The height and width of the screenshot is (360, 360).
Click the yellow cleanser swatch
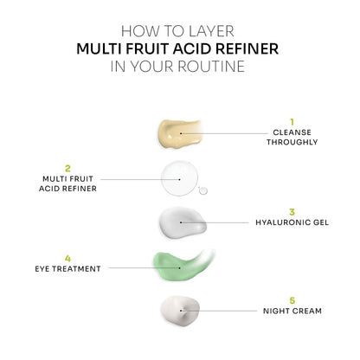pos(179,133)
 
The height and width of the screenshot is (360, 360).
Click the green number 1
pos(292,122)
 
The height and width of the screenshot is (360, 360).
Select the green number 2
pos(68,167)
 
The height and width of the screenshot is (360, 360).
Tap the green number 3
pos(292,210)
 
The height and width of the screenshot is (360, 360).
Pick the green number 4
pos(68,257)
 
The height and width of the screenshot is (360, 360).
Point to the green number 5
pos(292,299)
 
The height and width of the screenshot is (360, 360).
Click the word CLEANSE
pos(292,133)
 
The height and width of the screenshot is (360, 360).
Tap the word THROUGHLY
pos(292,144)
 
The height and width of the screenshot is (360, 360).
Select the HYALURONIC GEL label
pos(292,222)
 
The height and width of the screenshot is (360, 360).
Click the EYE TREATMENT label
pos(68,268)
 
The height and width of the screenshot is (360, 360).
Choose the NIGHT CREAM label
pos(292,310)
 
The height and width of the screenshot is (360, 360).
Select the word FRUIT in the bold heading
pos(127,48)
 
